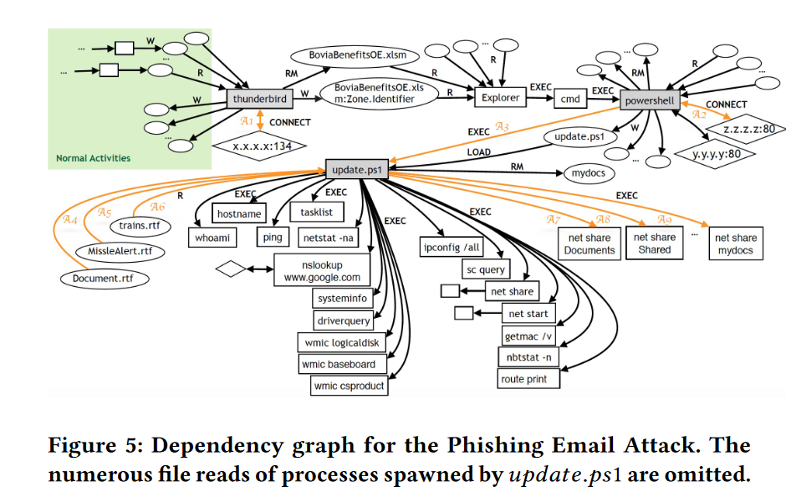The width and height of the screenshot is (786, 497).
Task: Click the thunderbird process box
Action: (260, 98)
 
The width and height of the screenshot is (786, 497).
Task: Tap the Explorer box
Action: (499, 98)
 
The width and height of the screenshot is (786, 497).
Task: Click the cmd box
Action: (570, 99)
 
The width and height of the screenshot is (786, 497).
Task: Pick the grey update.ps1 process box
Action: (355, 170)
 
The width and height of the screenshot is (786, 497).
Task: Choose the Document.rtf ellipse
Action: (103, 276)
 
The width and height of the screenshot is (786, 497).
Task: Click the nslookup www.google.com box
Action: (322, 272)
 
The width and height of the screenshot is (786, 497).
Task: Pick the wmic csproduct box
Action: (349, 386)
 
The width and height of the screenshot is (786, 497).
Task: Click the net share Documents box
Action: (589, 243)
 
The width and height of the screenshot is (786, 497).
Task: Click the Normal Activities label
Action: (94, 157)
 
